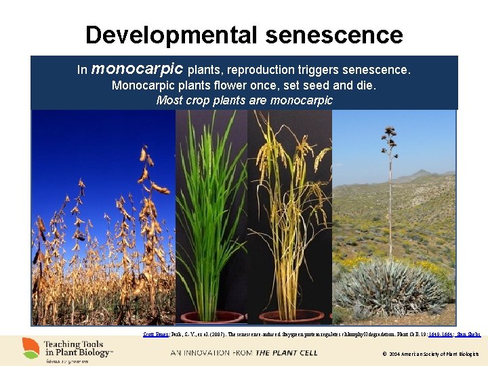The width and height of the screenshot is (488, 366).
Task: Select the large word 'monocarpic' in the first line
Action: click(137, 69)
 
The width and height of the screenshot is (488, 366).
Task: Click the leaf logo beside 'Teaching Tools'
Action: click(30, 348)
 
